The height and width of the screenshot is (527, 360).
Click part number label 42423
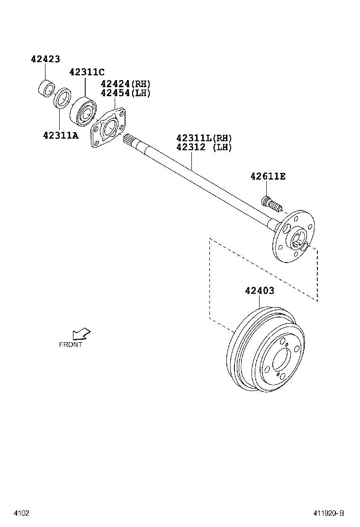45,59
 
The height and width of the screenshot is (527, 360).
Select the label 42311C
87,72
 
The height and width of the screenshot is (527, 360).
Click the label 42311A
61,135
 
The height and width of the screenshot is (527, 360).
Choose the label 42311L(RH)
204,138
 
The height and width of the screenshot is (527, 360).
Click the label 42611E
268,176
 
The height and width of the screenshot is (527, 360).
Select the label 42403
260,291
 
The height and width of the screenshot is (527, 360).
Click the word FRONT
71,345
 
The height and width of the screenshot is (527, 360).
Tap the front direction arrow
81,334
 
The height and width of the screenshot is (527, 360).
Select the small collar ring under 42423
46,89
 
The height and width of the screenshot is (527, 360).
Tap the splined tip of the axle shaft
129,139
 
